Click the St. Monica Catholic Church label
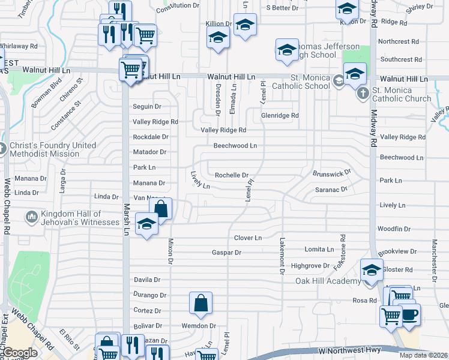point(401,94)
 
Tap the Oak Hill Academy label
point(327,281)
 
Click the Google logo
point(20,353)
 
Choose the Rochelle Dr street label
point(232,175)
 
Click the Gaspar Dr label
point(226,253)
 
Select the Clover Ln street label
point(248,238)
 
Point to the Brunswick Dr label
point(331,173)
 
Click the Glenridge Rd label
point(279,115)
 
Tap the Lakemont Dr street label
point(282,256)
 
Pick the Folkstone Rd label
point(343,252)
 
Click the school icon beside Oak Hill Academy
point(371,270)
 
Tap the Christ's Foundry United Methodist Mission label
point(52,149)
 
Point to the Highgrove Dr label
point(310,265)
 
